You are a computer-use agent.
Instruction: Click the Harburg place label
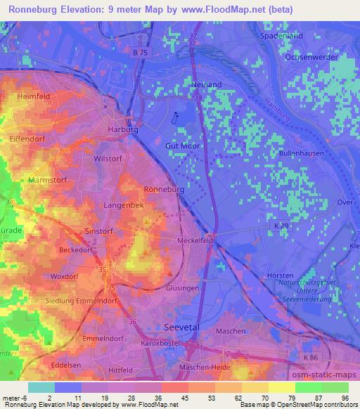click(x=122, y=130)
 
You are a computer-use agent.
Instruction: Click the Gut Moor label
click(x=183, y=145)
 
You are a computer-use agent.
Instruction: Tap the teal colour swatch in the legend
click(x=41, y=387)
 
